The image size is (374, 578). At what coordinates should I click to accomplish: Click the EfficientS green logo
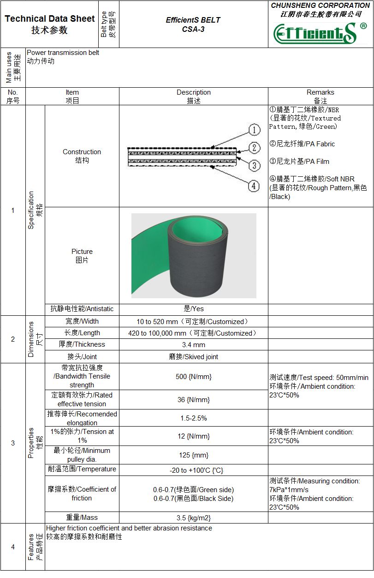pyautogui.click(x=315, y=33)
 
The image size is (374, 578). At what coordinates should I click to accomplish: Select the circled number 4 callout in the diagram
pyautogui.click(x=254, y=186)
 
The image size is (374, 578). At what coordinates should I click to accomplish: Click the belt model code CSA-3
pyautogui.click(x=193, y=29)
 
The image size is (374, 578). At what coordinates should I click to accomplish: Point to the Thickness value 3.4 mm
pyautogui.click(x=193, y=345)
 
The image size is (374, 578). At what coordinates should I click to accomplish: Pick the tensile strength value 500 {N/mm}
pyautogui.click(x=193, y=377)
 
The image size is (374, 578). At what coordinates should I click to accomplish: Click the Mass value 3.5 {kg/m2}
pyautogui.click(x=193, y=518)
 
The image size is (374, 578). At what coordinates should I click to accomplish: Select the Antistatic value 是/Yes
pyautogui.click(x=193, y=309)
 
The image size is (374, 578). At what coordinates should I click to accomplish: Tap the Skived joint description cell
pyautogui.click(x=193, y=357)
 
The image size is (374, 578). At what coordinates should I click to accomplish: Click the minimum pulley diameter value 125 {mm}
pyautogui.click(x=193, y=455)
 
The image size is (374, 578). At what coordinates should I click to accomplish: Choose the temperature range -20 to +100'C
pyautogui.click(x=193, y=470)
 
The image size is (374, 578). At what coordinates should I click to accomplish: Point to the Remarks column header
pyautogui.click(x=320, y=96)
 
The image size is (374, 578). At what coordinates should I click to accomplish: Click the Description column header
pyautogui.click(x=193, y=96)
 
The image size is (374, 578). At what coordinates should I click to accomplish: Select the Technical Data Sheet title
pyautogui.click(x=49, y=24)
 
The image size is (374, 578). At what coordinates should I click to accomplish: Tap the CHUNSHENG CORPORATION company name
pyautogui.click(x=320, y=6)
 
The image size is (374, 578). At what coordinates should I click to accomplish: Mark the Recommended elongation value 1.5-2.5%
pyautogui.click(x=193, y=418)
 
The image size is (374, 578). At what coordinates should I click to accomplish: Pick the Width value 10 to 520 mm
pyautogui.click(x=193, y=322)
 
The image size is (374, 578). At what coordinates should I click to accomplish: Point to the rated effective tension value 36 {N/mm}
pyautogui.click(x=193, y=400)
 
